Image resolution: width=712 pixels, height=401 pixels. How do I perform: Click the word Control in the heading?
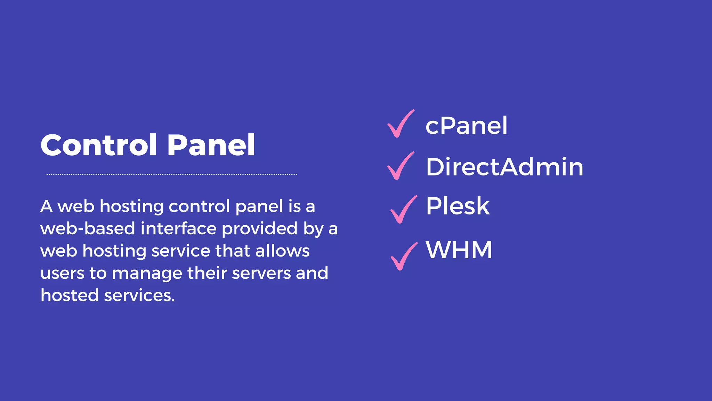click(99, 145)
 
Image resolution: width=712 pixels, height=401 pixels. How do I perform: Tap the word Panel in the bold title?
click(211, 145)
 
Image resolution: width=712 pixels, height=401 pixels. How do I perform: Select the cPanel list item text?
click(466, 126)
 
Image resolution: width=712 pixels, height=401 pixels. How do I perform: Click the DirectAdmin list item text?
click(504, 167)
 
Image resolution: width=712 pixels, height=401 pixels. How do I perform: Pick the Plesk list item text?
click(458, 206)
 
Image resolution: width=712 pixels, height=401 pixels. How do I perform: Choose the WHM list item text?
click(459, 250)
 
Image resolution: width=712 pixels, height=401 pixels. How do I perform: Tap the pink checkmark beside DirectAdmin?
click(400, 166)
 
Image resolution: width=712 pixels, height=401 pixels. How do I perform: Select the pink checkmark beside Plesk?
click(403, 210)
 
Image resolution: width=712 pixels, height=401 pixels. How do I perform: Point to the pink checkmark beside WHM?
click(403, 256)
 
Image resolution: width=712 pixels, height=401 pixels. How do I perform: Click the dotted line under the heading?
click(172, 174)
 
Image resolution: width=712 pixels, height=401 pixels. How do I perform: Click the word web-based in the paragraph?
click(88, 229)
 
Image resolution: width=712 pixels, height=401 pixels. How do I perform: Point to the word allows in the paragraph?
click(282, 251)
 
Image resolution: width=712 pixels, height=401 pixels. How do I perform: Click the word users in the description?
click(62, 273)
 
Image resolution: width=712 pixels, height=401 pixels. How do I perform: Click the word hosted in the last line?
click(70, 296)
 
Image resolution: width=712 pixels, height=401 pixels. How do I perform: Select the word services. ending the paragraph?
click(139, 296)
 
